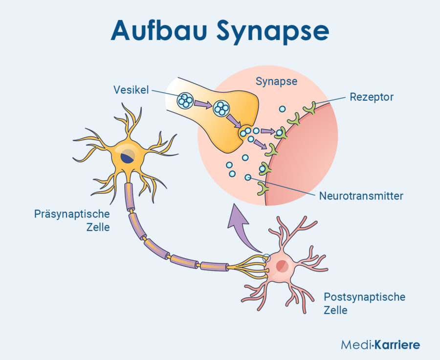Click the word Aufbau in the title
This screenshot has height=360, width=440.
coord(159,30)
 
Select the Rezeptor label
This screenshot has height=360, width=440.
coord(372,97)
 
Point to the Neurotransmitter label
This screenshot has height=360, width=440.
coord(361,197)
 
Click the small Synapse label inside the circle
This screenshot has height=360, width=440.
coord(276,81)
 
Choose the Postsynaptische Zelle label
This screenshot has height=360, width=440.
coord(364,303)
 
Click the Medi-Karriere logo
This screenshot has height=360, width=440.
coord(380,345)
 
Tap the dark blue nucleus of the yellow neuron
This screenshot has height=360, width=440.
coord(128,157)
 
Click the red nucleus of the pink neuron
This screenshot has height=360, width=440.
coord(282,266)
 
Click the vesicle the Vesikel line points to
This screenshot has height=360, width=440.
coord(185,101)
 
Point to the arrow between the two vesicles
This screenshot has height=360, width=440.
coord(202,104)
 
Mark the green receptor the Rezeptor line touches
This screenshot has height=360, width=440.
coord(309,107)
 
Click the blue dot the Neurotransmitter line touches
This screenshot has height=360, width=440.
coord(248,177)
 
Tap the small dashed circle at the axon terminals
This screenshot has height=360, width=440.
coord(266,258)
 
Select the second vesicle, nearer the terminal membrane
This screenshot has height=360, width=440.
coord(221,108)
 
